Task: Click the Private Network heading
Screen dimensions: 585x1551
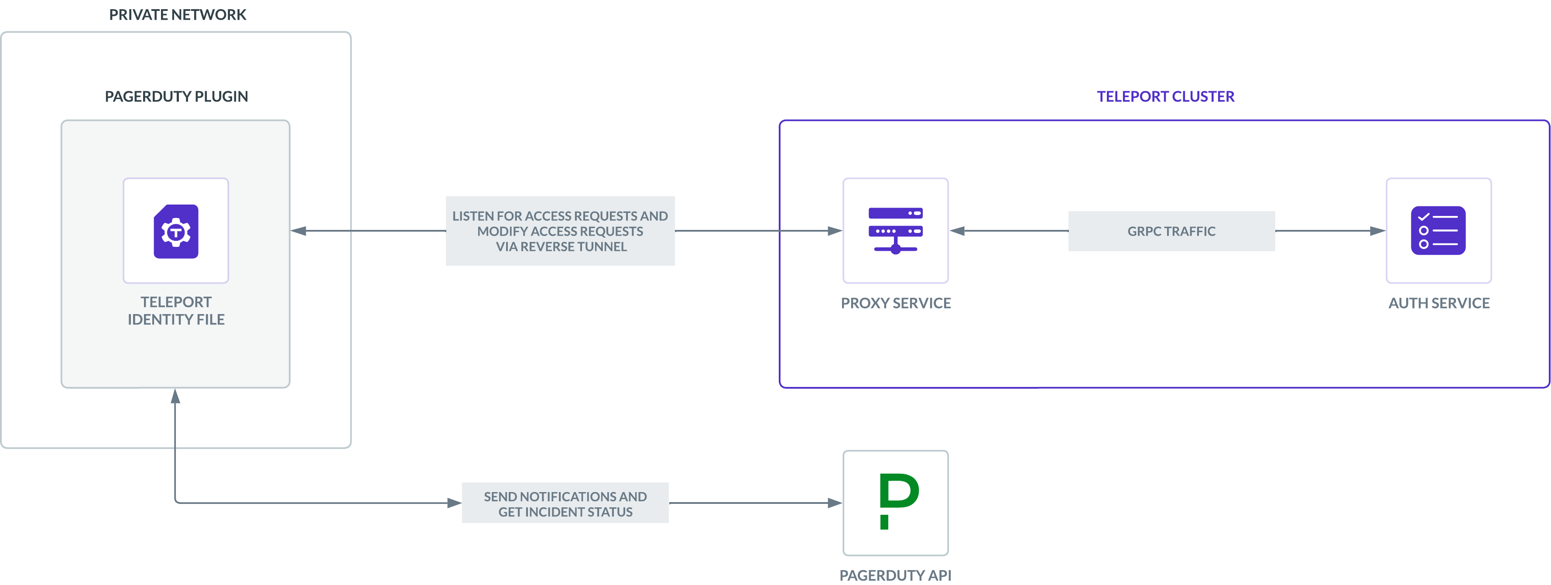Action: (178, 15)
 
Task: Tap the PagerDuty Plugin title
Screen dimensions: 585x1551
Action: (176, 96)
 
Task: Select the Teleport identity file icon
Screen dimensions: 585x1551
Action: (176, 231)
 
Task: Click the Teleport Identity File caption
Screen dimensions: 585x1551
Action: (176, 311)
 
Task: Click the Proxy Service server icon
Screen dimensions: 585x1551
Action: (895, 230)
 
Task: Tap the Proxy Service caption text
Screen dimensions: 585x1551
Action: (895, 303)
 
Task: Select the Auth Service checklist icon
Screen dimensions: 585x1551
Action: (1438, 230)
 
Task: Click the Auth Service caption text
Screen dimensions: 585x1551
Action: (1438, 303)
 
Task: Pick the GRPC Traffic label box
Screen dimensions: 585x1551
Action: (1171, 231)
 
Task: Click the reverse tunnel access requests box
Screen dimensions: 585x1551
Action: (560, 231)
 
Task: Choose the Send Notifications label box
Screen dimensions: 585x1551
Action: (565, 503)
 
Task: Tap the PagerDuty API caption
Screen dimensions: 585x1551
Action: (895, 575)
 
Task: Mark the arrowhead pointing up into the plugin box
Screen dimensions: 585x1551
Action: (175, 396)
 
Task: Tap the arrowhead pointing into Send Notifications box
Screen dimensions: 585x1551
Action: (455, 503)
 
